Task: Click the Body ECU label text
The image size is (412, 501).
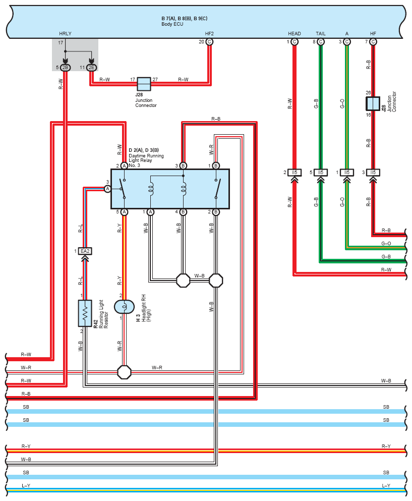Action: click(172, 24)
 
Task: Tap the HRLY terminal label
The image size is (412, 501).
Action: click(65, 33)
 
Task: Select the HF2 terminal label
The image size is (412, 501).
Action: click(209, 33)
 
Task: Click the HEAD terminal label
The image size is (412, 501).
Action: click(294, 33)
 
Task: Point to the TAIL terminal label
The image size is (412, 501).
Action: click(321, 33)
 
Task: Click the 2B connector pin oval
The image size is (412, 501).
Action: click(65, 68)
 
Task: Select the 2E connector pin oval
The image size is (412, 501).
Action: click(91, 68)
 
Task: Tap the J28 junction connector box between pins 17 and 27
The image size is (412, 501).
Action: click(144, 84)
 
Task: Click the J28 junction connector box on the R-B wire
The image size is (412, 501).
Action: click(373, 103)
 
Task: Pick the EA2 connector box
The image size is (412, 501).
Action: click(85, 251)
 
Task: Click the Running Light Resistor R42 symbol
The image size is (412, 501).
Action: click(85, 313)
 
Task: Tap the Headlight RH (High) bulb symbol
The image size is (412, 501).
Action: click(124, 307)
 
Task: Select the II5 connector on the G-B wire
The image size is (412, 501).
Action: click(321, 173)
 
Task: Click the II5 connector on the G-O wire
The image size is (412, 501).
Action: click(347, 173)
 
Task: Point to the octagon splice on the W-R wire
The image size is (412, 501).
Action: click(124, 372)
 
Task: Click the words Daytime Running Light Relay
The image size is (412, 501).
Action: click(146, 158)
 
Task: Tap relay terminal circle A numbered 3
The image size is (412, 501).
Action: click(107, 189)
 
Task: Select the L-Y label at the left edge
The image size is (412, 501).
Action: click(26, 486)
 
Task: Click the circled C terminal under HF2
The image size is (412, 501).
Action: click(209, 42)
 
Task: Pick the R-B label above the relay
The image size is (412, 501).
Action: click(216, 119)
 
